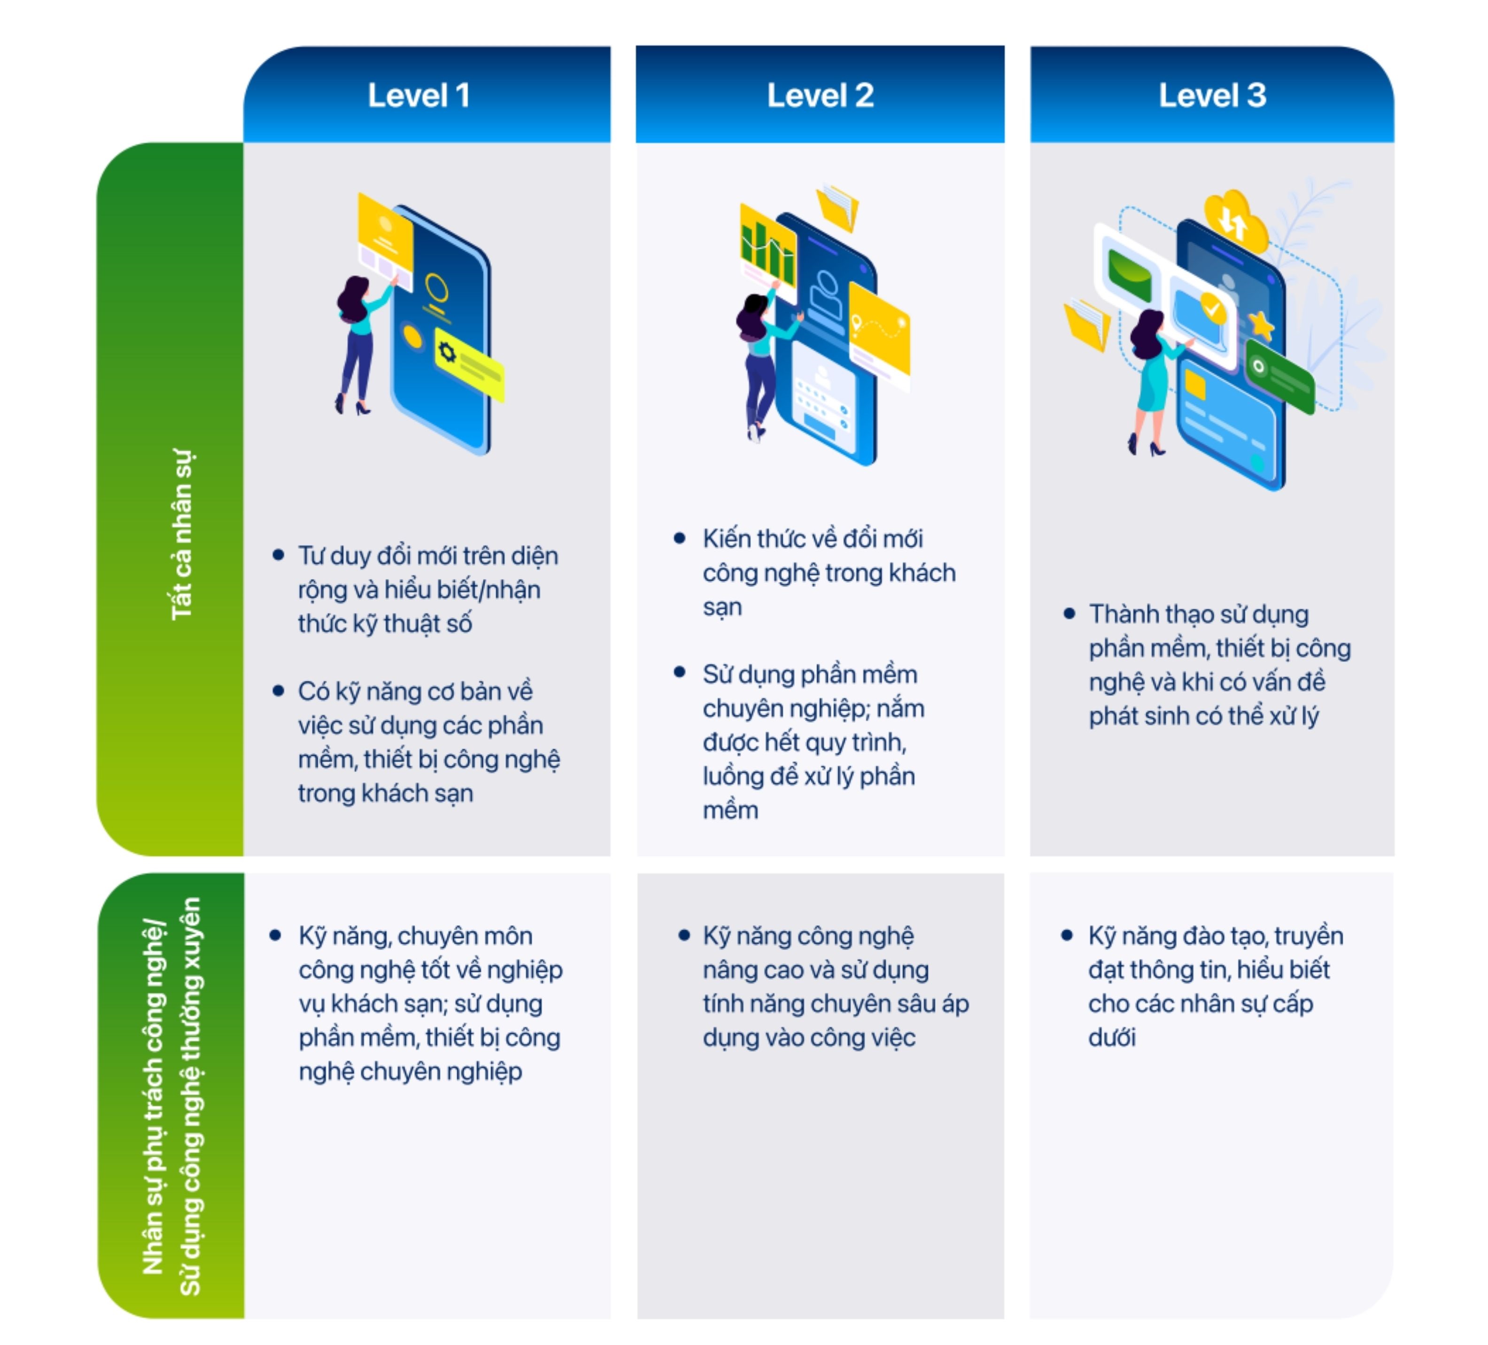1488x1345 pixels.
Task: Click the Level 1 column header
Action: (x=418, y=95)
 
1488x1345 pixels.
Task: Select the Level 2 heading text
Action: (x=820, y=95)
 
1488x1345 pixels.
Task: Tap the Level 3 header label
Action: (x=1212, y=95)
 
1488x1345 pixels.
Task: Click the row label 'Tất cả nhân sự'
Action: (x=182, y=535)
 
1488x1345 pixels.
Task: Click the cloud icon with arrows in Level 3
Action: (x=1235, y=217)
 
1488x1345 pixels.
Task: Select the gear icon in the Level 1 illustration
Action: (x=447, y=352)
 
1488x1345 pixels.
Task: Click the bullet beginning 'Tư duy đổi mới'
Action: (x=428, y=589)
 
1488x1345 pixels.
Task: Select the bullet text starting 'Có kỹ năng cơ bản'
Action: (x=428, y=742)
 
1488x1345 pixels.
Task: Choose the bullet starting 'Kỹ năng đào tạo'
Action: (x=1215, y=986)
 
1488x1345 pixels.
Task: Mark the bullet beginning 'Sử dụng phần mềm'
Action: (x=812, y=742)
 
